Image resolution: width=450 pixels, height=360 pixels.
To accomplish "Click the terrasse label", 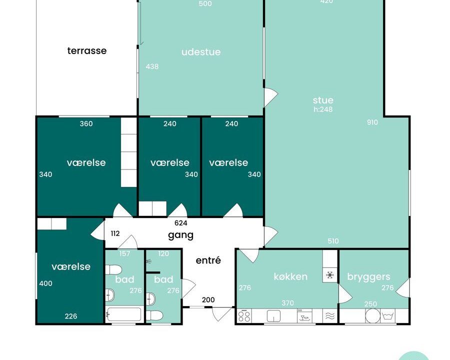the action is (x=87, y=51).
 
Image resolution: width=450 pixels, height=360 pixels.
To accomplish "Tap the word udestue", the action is (x=201, y=52).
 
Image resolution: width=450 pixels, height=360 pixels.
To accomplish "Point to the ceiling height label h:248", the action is (x=323, y=109).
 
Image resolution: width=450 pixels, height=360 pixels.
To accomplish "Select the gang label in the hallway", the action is (x=181, y=235).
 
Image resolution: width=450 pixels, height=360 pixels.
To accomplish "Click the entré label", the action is (x=208, y=260).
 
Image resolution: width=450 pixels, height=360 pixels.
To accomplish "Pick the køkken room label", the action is (x=290, y=276).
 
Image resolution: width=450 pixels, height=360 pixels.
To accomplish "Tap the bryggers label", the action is (x=369, y=276).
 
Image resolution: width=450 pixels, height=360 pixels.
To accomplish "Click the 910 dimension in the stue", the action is (x=372, y=122).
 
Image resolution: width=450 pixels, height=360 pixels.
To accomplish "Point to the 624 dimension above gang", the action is (x=181, y=223).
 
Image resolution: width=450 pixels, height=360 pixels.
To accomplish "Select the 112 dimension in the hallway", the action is (x=115, y=233).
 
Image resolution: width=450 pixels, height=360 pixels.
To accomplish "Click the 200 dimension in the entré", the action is (x=208, y=299).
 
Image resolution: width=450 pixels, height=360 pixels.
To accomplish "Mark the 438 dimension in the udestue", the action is (x=152, y=66).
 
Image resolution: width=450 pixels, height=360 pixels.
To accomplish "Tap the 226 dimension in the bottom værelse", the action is (x=71, y=316).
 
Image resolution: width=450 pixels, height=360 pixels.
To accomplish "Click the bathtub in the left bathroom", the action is (x=124, y=314).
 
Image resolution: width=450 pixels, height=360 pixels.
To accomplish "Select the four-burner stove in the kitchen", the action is (x=244, y=316).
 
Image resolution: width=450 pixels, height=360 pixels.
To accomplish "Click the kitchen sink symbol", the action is (x=273, y=316).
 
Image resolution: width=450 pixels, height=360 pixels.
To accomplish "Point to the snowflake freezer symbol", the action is (x=330, y=275).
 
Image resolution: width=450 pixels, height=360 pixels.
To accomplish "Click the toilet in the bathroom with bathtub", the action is (x=113, y=270).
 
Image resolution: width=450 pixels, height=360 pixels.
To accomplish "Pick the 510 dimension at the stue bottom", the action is (x=333, y=241).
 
